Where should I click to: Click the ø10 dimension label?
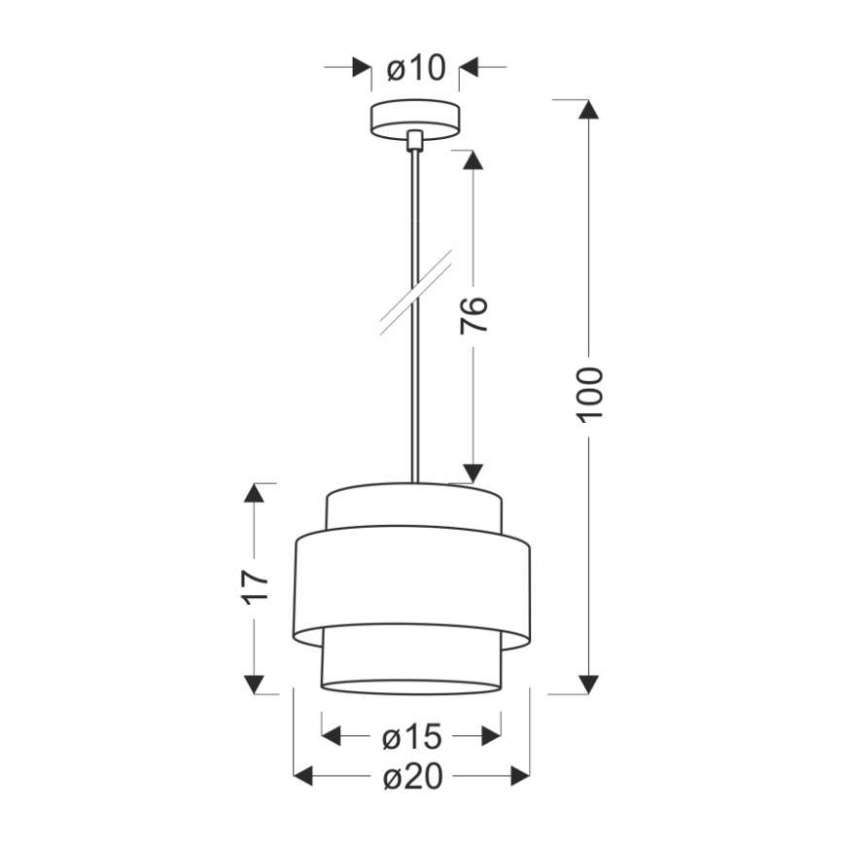[x=415, y=68]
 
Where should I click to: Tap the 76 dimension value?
[x=473, y=316]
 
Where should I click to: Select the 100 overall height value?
[x=589, y=394]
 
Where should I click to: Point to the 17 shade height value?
[x=255, y=586]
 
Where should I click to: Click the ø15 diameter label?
[x=412, y=737]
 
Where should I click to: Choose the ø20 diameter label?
[x=412, y=776]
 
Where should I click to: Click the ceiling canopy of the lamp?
[x=415, y=119]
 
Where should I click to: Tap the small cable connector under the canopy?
[x=415, y=141]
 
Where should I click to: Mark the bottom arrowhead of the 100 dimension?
[x=588, y=684]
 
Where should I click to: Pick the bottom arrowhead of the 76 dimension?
[x=473, y=473]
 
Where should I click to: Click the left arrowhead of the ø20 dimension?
[x=303, y=776]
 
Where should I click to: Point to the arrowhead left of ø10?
[x=362, y=68]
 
